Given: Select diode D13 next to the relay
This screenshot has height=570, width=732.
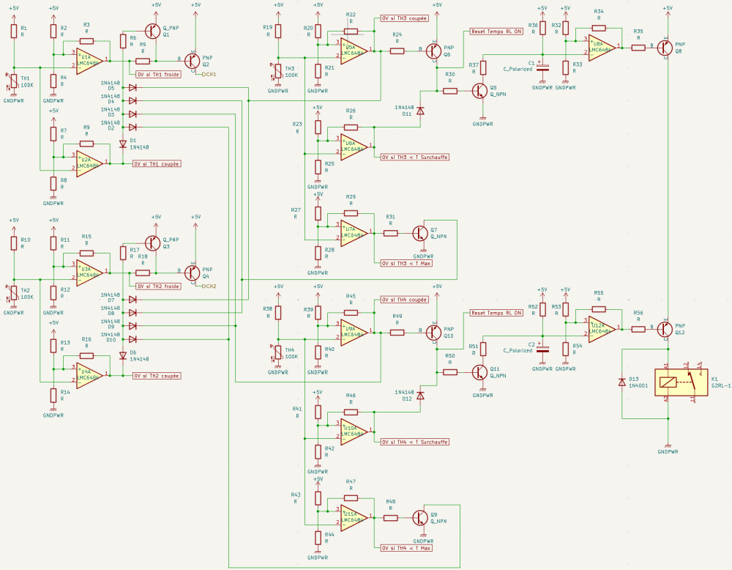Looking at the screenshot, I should pos(621,382).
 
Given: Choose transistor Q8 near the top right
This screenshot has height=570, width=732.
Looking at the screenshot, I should pos(665,47).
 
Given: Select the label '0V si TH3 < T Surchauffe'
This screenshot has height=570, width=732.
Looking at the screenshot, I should pos(414,157).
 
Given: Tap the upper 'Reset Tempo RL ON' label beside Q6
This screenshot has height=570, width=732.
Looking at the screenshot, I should pos(497,32).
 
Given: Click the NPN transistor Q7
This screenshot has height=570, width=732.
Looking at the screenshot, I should pos(420,233).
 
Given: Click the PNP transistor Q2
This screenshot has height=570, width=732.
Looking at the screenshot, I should pos(193,60).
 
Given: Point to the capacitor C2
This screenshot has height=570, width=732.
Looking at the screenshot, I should pos(542,347).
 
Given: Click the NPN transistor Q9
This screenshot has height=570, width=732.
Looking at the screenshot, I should pos(420,517).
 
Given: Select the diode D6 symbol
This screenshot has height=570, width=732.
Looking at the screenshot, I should pos(122,355).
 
